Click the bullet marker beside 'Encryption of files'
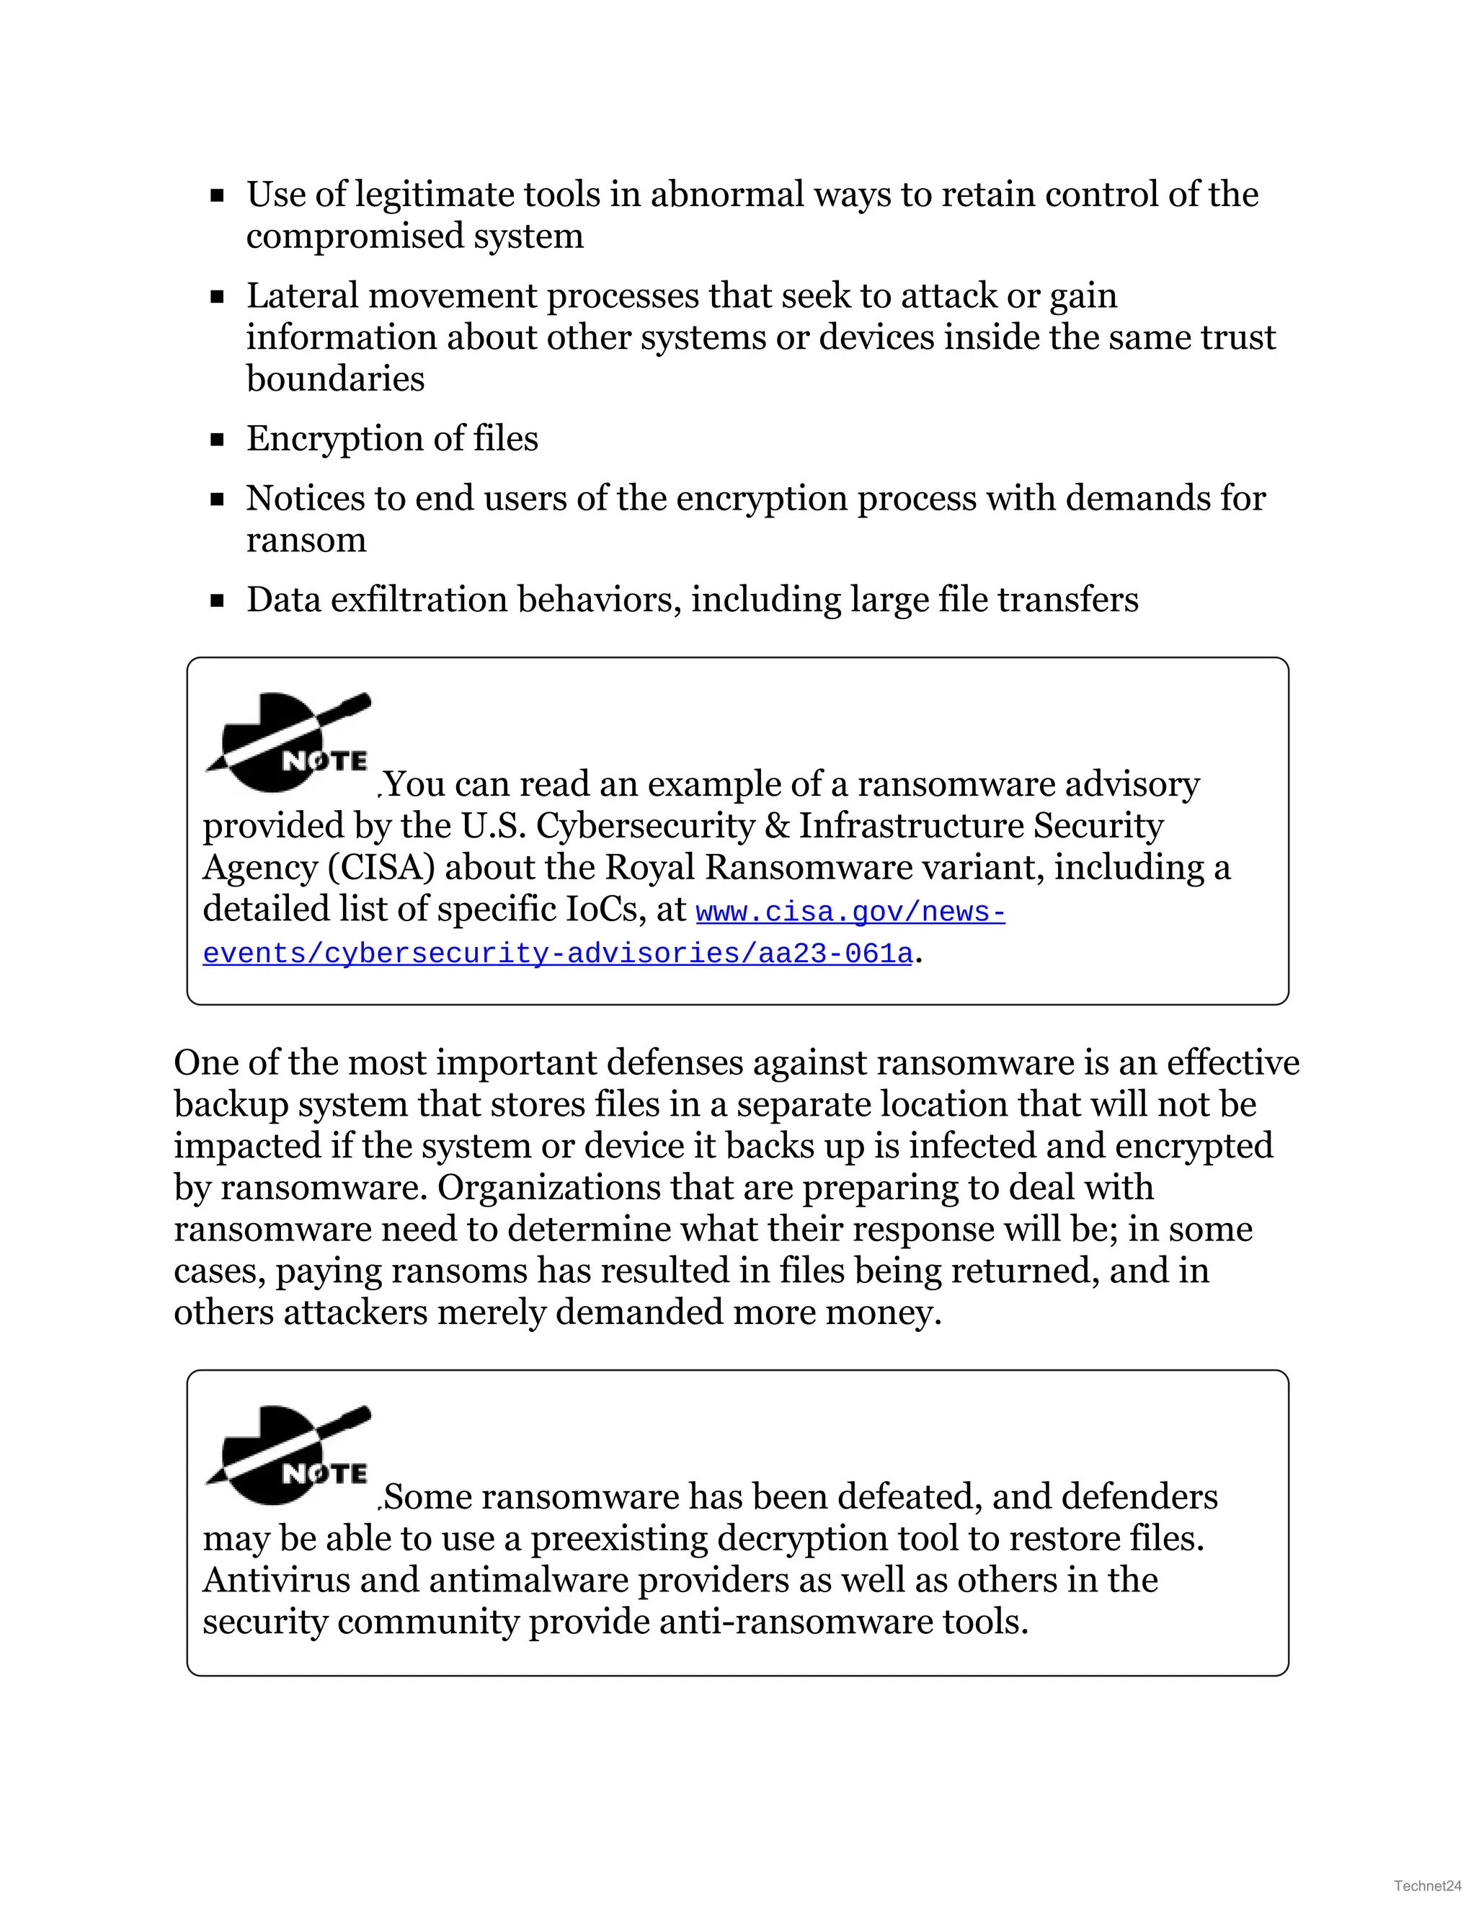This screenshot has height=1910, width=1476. pyautogui.click(x=218, y=440)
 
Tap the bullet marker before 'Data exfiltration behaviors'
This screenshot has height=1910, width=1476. pyautogui.click(x=218, y=601)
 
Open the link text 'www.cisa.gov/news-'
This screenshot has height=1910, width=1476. pyautogui.click(x=850, y=912)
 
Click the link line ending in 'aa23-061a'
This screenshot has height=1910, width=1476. pyautogui.click(x=557, y=954)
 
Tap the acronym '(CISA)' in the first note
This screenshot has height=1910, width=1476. pyautogui.click(x=381, y=868)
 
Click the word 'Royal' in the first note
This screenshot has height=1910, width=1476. pyautogui.click(x=649, y=868)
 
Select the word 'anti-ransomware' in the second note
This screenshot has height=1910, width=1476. pyautogui.click(x=795, y=1622)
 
